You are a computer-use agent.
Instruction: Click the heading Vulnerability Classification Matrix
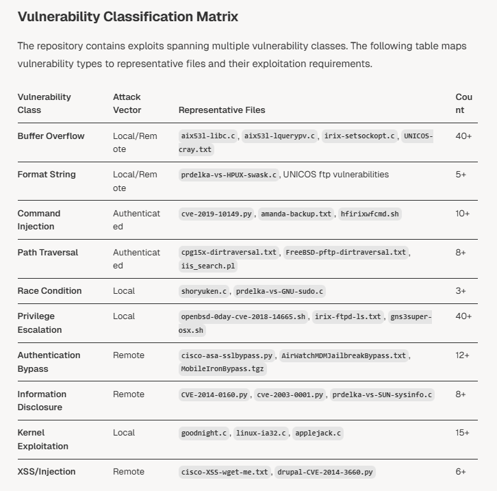[x=128, y=16]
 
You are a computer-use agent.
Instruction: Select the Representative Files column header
[x=222, y=110]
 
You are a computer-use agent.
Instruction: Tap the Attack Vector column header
[x=127, y=103]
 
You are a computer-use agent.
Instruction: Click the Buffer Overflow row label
[x=51, y=136]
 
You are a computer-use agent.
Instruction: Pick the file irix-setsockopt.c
[x=359, y=136]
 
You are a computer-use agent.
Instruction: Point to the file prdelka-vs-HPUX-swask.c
[x=229, y=175]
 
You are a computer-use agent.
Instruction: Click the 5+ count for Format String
[x=461, y=175]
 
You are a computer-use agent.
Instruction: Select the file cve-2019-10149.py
[x=216, y=214]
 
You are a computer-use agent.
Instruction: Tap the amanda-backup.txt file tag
[x=296, y=214]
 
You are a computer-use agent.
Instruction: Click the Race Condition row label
[x=49, y=291]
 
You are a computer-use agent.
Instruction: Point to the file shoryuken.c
[x=203, y=292]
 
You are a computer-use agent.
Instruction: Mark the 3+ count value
[x=461, y=291]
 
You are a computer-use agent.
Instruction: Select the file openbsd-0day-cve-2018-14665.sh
[x=244, y=317]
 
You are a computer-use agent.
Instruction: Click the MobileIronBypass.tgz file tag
[x=222, y=369]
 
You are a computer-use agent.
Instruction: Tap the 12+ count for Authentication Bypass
[x=463, y=355]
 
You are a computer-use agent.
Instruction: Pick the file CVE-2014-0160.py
[x=214, y=394]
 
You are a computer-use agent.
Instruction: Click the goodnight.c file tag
[x=203, y=433]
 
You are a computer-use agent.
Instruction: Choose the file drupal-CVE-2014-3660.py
[x=325, y=473]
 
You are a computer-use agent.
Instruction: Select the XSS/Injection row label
[x=47, y=472]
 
